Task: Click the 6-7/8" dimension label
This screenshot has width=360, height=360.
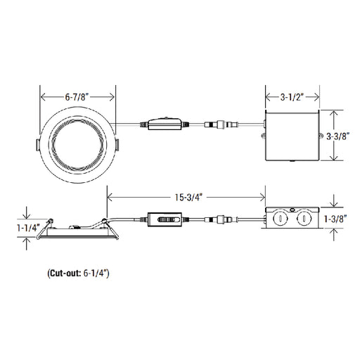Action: (x=77, y=97)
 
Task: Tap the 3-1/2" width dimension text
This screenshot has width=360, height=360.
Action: (x=292, y=97)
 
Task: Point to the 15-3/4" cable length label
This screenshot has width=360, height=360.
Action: (x=188, y=198)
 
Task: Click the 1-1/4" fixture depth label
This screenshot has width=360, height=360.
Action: (x=28, y=228)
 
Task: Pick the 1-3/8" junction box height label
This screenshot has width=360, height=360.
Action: (x=335, y=219)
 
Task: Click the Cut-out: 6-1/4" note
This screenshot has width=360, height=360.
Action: (x=78, y=274)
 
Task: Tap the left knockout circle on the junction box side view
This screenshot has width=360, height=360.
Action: (x=280, y=219)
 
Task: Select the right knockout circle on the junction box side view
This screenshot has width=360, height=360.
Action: (x=303, y=219)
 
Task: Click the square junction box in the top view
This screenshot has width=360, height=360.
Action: (x=292, y=135)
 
